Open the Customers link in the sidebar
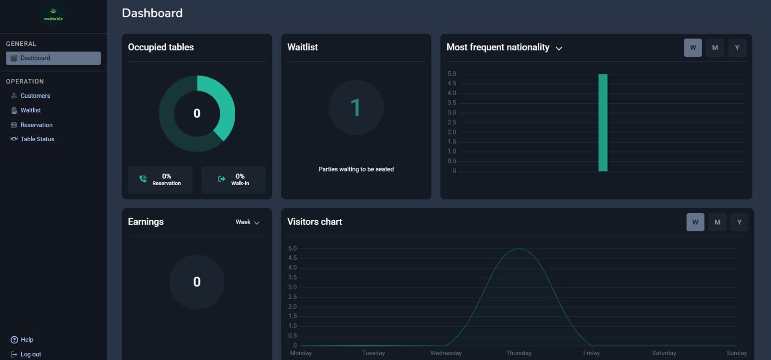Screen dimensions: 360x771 point(35,96)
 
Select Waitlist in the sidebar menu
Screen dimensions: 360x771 point(30,110)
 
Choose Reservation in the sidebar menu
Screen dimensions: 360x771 point(36,125)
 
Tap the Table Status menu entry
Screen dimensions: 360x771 point(37,139)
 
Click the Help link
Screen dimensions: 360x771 point(27,340)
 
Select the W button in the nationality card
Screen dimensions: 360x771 point(692,48)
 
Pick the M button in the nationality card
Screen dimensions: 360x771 point(715,48)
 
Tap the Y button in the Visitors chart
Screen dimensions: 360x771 point(739,222)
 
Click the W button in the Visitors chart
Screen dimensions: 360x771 point(695,222)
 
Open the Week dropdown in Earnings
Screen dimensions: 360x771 point(248,222)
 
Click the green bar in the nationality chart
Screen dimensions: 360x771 point(602,123)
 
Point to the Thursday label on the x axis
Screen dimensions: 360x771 point(518,353)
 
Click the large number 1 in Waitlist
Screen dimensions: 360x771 point(356,107)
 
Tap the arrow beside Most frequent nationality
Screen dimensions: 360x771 point(559,48)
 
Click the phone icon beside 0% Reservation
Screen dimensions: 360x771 point(143,179)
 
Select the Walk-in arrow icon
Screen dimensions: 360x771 point(222,179)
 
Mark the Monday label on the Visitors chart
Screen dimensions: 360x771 point(301,353)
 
